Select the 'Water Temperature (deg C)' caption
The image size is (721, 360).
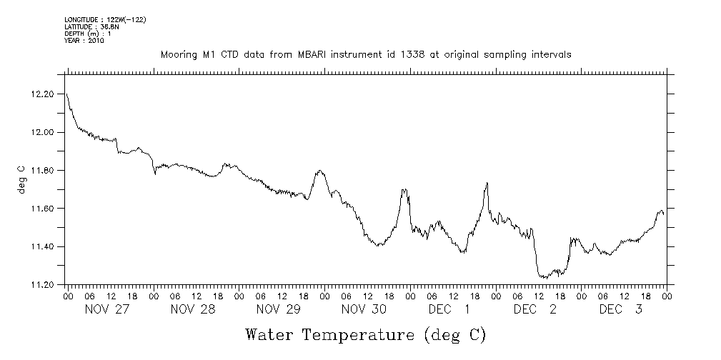tap(367, 334)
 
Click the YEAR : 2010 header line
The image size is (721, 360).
tap(84, 41)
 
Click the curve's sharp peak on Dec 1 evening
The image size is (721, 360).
tap(487, 183)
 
